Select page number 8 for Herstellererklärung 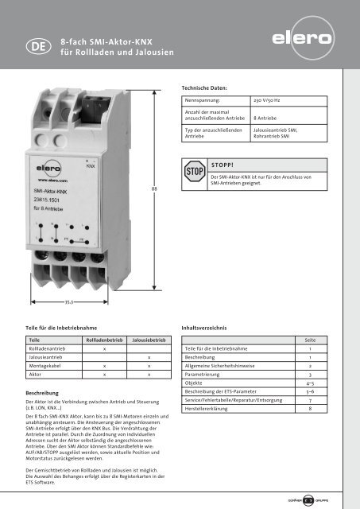(310, 408)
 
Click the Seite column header (310, 340)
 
